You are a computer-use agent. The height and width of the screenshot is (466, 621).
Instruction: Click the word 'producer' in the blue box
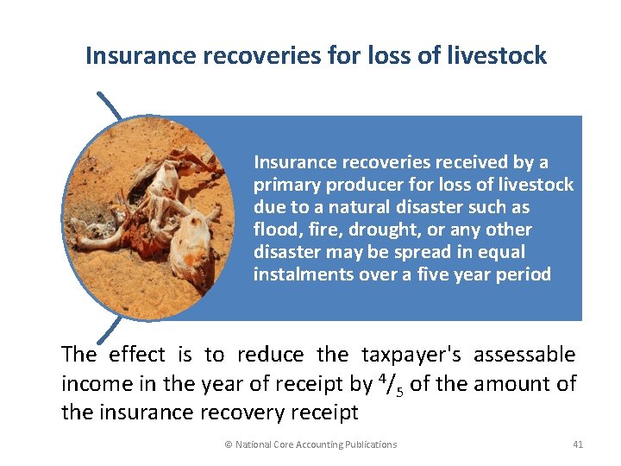click(x=358, y=186)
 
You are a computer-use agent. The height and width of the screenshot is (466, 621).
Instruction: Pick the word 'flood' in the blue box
click(x=273, y=230)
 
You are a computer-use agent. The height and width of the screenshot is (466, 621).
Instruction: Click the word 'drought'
click(x=358, y=230)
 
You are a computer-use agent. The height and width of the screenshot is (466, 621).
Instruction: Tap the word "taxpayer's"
click(x=413, y=355)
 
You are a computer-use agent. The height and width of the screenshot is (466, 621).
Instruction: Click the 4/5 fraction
click(x=389, y=383)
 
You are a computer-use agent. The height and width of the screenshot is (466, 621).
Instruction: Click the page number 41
click(x=578, y=444)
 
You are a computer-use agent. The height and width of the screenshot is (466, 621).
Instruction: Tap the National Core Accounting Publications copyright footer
click(x=310, y=444)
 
